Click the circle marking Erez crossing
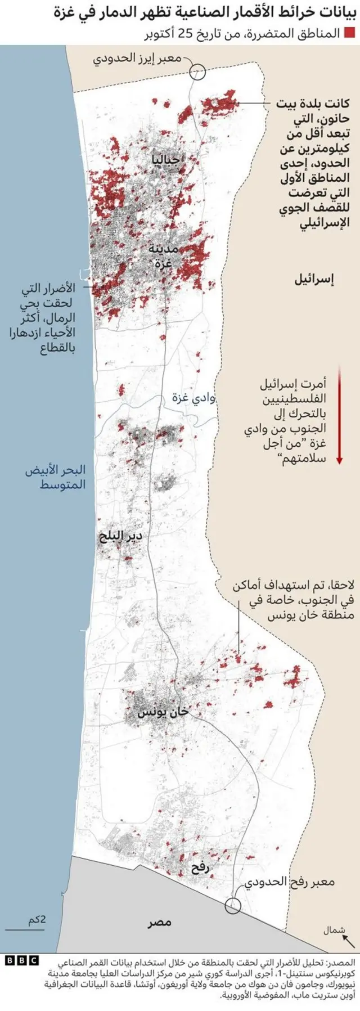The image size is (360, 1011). pos(197,71)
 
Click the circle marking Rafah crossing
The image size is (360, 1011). pos(232,906)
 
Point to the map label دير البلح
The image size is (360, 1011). pos(120,536)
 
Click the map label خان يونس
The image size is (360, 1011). pos(163,712)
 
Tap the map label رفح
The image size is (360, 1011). pos(200,868)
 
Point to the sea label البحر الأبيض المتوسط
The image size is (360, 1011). pos(55,477)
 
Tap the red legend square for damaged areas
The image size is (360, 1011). pos(349,33)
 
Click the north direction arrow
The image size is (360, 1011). pos(349,940)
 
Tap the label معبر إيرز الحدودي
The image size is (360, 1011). pos(137,57)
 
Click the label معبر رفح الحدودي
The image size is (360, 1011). pos(290,882)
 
